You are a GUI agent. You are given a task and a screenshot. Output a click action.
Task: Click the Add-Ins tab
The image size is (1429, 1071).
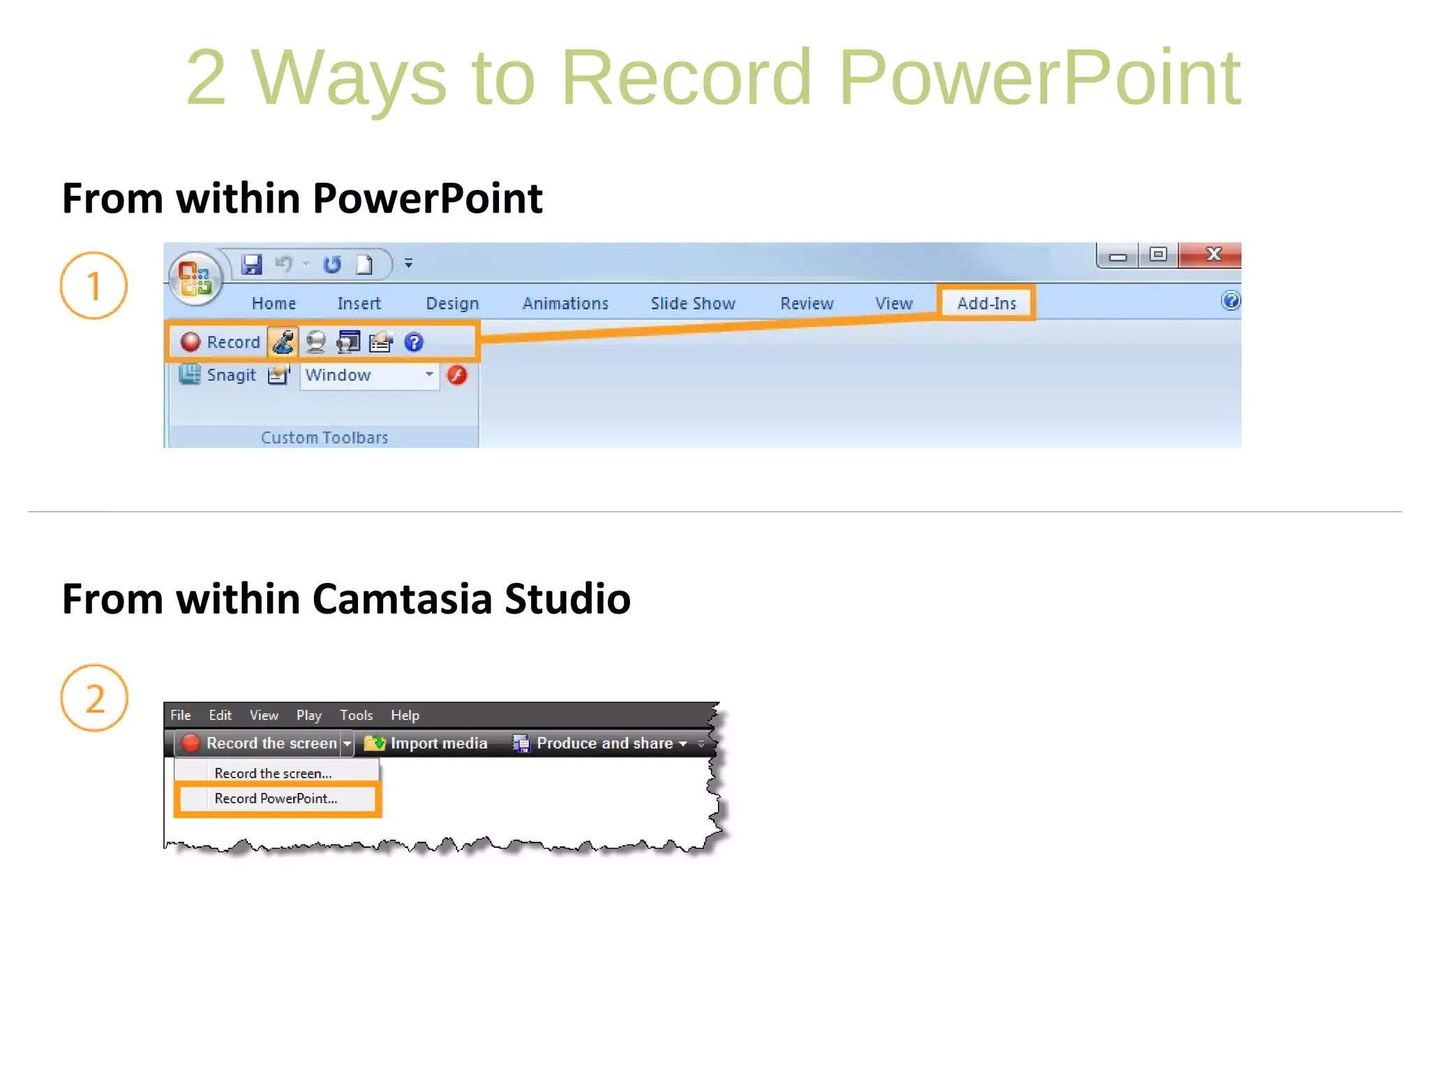[986, 303]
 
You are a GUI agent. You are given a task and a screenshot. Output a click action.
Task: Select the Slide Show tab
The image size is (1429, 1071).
[693, 303]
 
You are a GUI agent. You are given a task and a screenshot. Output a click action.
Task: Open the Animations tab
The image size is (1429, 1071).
[565, 303]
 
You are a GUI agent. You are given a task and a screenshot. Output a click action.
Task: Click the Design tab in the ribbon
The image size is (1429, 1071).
[452, 303]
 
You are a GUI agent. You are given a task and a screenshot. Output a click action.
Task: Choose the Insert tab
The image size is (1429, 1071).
[359, 303]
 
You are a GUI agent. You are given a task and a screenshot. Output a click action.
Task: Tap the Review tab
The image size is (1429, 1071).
[807, 303]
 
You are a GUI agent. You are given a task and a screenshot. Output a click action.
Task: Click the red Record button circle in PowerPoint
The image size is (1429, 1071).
[190, 342]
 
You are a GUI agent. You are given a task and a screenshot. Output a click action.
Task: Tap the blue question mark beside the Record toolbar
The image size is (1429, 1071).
[414, 342]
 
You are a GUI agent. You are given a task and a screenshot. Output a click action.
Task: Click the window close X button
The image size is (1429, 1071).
[1213, 255]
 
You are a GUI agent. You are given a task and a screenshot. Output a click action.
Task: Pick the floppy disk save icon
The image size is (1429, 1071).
[251, 264]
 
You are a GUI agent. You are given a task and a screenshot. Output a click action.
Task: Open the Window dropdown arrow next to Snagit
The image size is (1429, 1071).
[429, 374]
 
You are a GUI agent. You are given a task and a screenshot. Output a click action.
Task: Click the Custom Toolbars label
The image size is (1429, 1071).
[324, 437]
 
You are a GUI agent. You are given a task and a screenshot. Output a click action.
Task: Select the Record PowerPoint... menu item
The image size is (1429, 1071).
[276, 799]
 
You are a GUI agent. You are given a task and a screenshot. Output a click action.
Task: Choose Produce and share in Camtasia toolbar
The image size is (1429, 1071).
[604, 743]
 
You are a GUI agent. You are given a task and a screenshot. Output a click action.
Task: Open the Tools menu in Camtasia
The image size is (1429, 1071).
[356, 715]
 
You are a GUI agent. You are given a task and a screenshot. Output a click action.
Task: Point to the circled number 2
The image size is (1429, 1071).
[94, 698]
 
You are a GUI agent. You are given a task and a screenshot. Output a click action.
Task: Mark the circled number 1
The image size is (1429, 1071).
[93, 286]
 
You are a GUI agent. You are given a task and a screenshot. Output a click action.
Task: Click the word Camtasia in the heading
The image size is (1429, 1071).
[403, 599]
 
